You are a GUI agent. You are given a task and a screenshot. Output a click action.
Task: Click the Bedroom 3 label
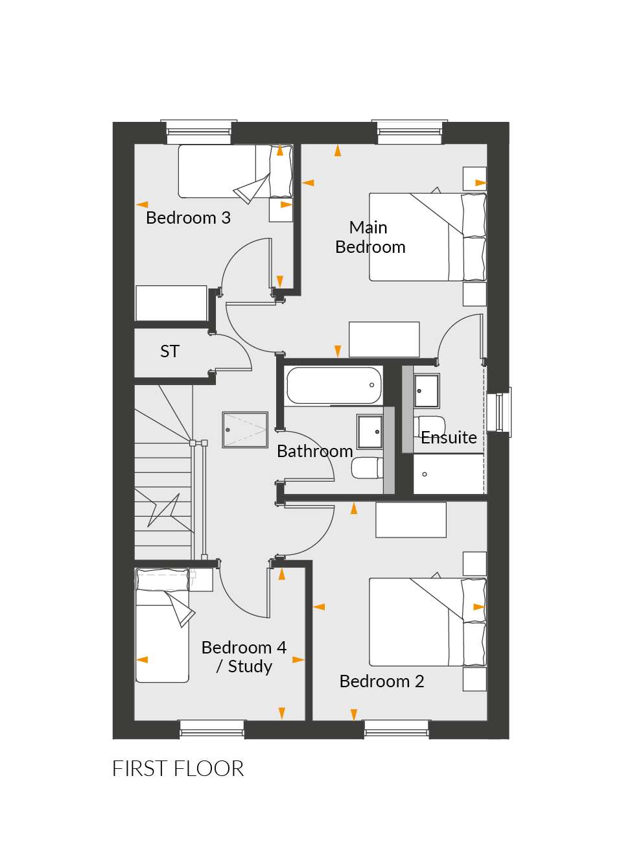coord(188,218)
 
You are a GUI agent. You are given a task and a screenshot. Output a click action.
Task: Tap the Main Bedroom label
coord(370,237)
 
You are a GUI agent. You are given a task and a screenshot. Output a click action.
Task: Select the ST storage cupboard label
coord(169,351)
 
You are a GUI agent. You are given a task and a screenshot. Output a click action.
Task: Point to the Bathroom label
coord(315,451)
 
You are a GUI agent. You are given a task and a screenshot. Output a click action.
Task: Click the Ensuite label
coord(449,437)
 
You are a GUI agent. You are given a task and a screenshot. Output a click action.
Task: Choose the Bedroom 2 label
coord(381,681)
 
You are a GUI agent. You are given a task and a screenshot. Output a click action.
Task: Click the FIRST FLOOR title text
coord(178,769)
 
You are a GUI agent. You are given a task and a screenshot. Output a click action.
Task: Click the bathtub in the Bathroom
coord(334,385)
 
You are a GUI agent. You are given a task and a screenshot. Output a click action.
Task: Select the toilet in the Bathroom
coord(367,467)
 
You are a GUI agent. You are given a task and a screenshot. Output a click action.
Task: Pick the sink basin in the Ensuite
coord(427,391)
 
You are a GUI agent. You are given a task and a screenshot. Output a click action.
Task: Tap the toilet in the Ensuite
coord(429,426)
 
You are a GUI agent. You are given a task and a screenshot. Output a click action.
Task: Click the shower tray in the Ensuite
coord(449,474)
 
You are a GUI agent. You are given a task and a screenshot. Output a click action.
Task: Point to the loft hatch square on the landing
coord(245,430)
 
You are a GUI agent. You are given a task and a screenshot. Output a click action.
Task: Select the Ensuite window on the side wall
coord(500,412)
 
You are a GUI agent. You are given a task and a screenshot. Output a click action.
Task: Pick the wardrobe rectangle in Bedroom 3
coord(171,303)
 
